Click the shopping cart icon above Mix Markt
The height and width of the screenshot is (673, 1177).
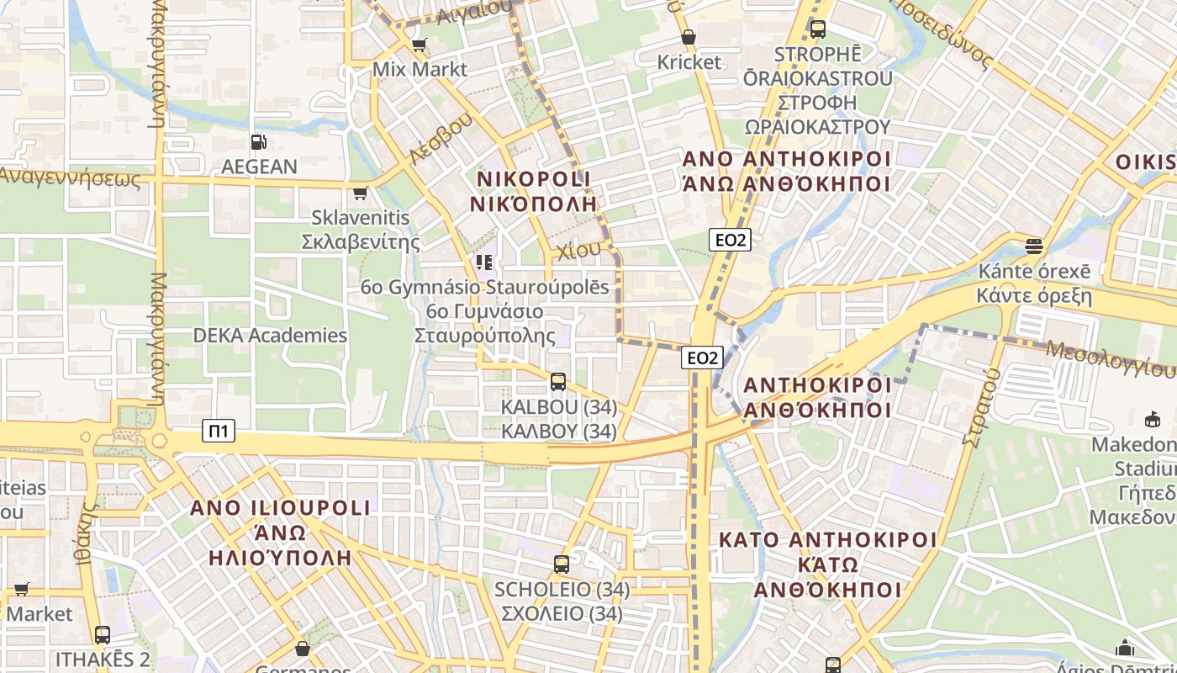click(x=419, y=45)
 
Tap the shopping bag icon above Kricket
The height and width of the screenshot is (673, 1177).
click(x=689, y=38)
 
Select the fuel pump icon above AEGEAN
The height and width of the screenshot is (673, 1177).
click(x=259, y=143)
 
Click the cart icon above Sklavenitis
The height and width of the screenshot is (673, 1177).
click(x=361, y=193)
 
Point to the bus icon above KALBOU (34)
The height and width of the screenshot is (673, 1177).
click(x=558, y=383)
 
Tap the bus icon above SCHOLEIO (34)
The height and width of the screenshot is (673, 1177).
click(x=562, y=564)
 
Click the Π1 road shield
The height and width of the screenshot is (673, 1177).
click(x=219, y=432)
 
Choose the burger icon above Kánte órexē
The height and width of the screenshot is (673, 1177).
click(x=1034, y=246)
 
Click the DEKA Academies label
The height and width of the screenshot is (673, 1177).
click(x=270, y=336)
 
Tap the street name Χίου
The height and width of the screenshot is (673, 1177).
click(x=579, y=250)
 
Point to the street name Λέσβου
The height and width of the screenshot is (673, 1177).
click(x=437, y=139)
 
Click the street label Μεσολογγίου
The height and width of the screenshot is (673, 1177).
click(x=1110, y=358)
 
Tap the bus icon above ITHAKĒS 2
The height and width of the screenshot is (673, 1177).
click(x=103, y=635)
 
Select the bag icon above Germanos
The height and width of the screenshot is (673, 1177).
click(x=303, y=649)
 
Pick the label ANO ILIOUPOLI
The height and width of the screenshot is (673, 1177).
click(x=280, y=508)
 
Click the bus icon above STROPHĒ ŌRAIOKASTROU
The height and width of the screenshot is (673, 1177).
click(x=817, y=29)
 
